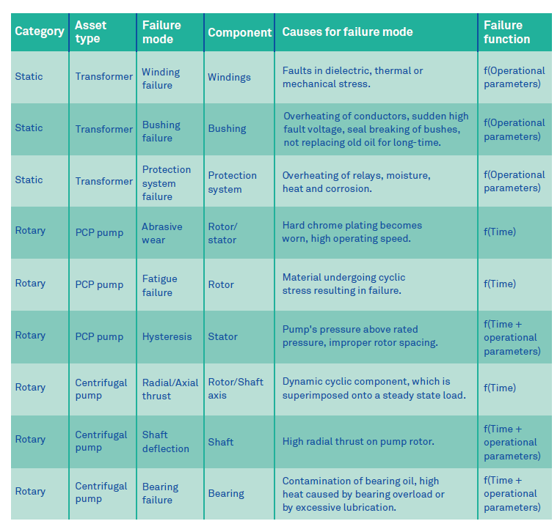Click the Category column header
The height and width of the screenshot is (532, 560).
coord(40,32)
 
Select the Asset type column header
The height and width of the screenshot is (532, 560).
coord(90,32)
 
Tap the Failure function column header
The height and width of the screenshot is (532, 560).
coord(506,32)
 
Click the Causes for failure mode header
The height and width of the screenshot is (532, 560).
coord(347,32)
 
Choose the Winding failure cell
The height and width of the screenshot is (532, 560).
coord(161,78)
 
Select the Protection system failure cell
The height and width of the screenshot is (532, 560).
coord(167,182)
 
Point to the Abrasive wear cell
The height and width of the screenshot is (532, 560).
coord(161,233)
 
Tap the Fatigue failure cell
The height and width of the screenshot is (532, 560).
coord(159,285)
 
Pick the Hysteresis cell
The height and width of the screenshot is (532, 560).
coord(167,336)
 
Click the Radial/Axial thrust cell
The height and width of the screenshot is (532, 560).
coord(170,388)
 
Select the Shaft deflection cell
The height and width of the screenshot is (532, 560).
coord(165,441)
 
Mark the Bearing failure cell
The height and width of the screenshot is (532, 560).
coord(160,493)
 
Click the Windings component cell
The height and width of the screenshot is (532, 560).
coord(229,77)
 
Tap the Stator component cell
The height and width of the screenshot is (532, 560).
coord(222,336)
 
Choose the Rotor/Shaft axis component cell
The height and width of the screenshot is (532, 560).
coord(235,388)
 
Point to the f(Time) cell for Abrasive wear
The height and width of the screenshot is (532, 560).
coord(499,232)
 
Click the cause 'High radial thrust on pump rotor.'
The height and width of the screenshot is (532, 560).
coord(358,441)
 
